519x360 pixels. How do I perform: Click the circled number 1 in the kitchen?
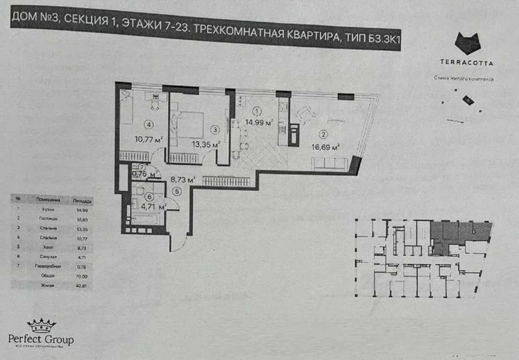258,111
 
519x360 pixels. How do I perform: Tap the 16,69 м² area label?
328,146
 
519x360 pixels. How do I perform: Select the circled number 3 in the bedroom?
213,130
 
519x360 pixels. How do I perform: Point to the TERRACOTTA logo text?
467,63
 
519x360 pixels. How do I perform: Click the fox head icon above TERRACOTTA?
467,44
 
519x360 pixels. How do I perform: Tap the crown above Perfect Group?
41,326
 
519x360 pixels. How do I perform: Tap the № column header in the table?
19,199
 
